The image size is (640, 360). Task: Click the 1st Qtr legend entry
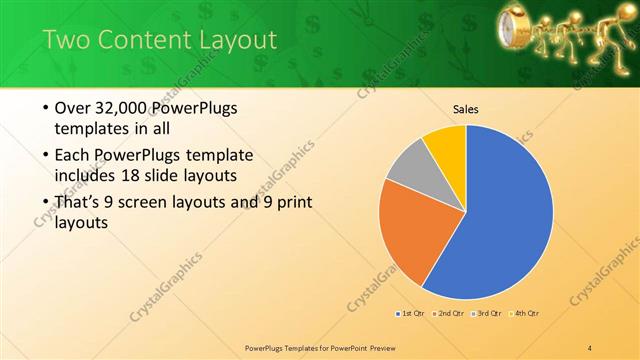point(409,314)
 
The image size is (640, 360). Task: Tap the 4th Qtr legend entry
point(525,314)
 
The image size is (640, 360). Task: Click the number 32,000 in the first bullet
point(124,108)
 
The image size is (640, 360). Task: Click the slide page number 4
point(590,348)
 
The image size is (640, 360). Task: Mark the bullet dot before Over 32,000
point(45,108)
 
